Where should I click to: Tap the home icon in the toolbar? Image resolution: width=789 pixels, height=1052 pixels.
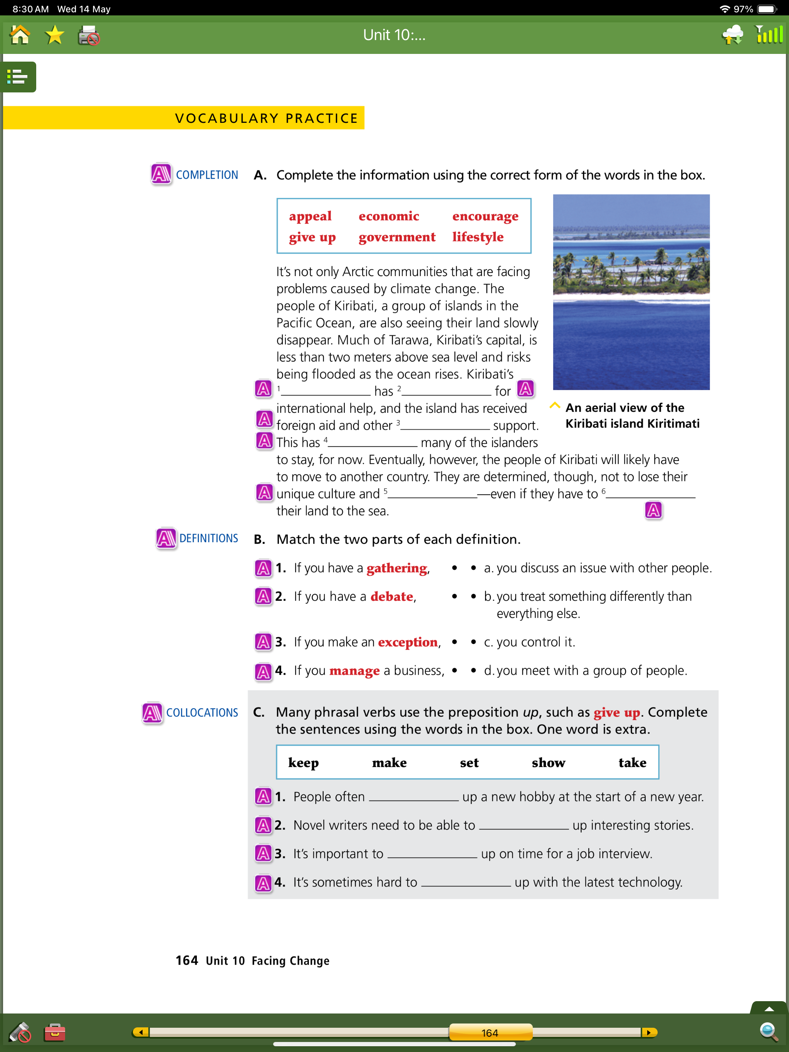click(x=20, y=35)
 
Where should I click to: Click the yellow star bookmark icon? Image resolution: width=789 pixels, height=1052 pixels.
click(x=55, y=35)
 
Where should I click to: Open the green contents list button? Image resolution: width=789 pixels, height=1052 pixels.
click(x=18, y=77)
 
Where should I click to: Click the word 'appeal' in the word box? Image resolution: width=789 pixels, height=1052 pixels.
click(x=310, y=216)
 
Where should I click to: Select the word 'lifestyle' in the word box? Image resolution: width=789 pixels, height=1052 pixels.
click(x=477, y=237)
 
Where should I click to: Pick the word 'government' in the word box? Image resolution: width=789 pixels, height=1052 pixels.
click(x=397, y=237)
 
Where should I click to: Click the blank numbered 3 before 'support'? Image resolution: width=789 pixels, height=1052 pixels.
click(x=445, y=425)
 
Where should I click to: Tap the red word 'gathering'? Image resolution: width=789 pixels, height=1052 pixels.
click(x=397, y=568)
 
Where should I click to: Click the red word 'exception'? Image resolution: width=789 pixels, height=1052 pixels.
click(x=408, y=642)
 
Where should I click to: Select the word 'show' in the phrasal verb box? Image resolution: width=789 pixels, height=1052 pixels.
click(x=548, y=763)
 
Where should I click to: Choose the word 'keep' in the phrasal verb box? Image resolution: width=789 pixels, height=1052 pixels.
click(x=303, y=763)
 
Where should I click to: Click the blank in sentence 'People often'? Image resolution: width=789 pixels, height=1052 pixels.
click(x=413, y=797)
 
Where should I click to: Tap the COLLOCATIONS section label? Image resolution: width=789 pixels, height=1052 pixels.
click(x=202, y=712)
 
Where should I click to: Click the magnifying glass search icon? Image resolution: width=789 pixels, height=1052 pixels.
click(x=768, y=1032)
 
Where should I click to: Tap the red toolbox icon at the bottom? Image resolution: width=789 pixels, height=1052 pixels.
click(x=55, y=1032)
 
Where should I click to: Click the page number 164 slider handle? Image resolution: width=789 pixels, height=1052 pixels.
click(x=490, y=1032)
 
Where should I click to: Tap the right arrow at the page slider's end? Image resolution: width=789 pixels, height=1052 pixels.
click(x=649, y=1032)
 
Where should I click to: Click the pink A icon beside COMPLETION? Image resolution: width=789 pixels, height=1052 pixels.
click(x=161, y=174)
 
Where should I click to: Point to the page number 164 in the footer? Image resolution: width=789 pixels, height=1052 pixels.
click(x=186, y=961)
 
